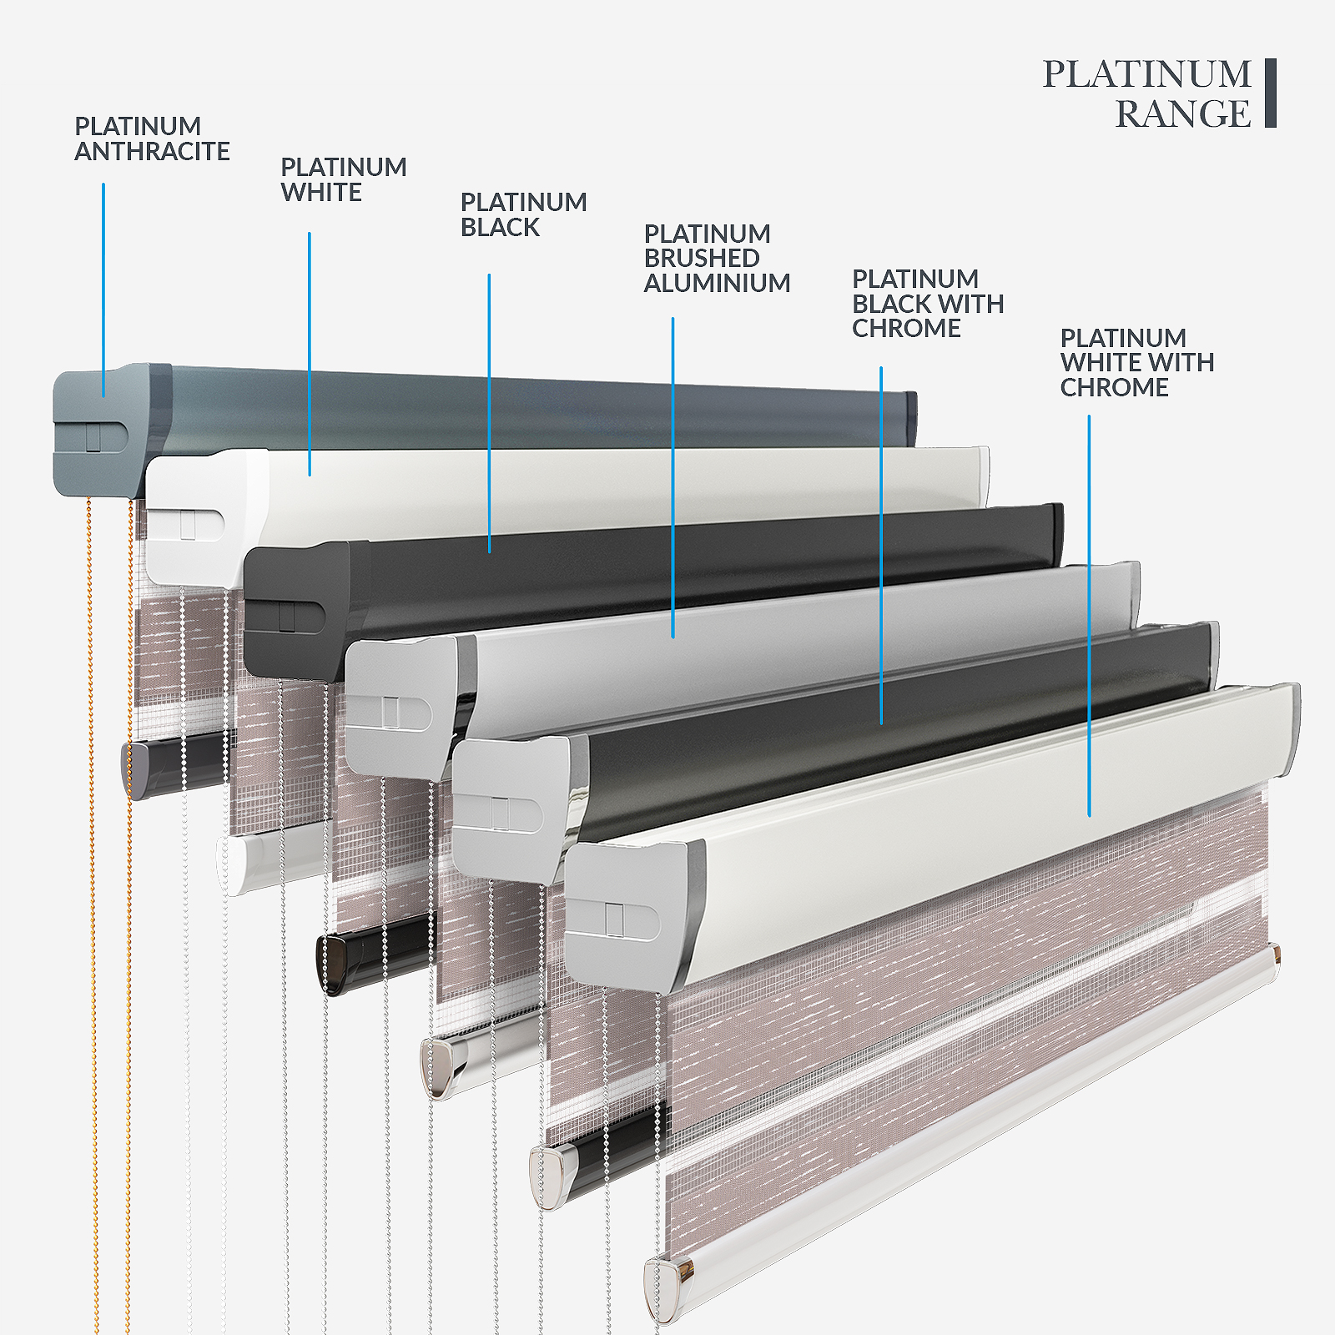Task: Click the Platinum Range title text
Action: pyautogui.click(x=1147, y=93)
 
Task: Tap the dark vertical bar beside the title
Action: pyautogui.click(x=1271, y=93)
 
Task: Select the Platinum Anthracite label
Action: pyautogui.click(x=152, y=139)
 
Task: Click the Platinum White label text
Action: pyautogui.click(x=344, y=179)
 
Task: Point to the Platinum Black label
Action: pyautogui.click(x=523, y=214)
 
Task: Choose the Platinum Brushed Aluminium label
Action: pyautogui.click(x=717, y=259)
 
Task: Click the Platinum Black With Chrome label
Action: pyautogui.click(x=928, y=303)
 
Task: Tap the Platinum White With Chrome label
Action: pyautogui.click(x=1136, y=362)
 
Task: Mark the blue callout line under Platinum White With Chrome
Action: pyautogui.click(x=1089, y=616)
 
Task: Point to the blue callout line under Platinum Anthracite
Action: pyautogui.click(x=103, y=290)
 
